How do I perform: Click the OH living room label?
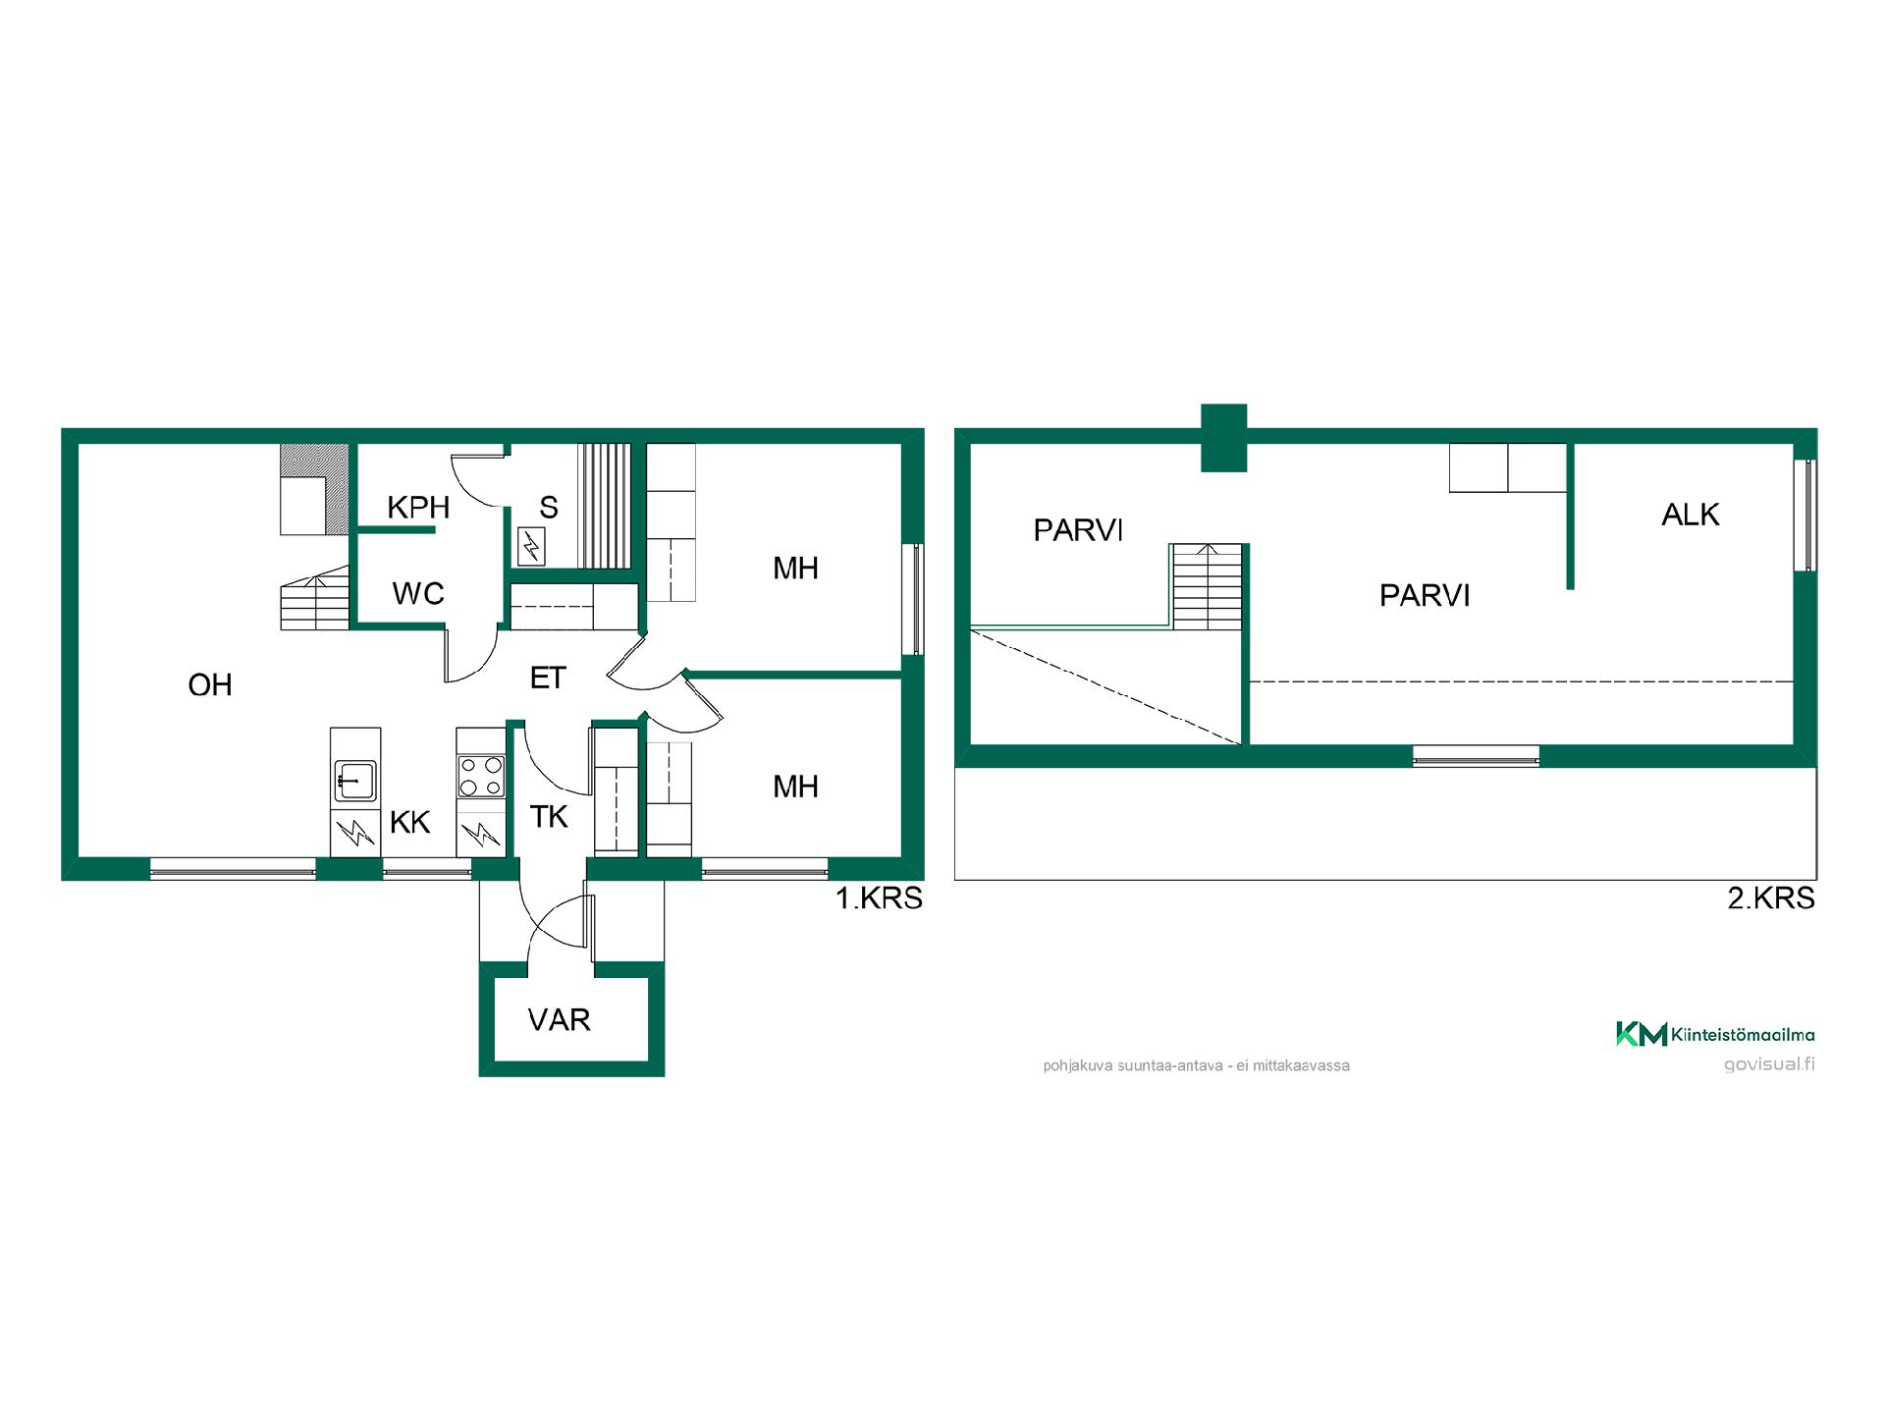pyautogui.click(x=210, y=684)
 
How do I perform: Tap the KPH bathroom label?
pyautogui.click(x=418, y=508)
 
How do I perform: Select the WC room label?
pyautogui.click(x=418, y=593)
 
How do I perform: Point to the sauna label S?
pyautogui.click(x=549, y=508)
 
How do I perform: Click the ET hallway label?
pyautogui.click(x=548, y=678)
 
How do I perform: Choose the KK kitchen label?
pyautogui.click(x=409, y=822)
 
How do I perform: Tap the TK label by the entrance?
pyautogui.click(x=549, y=816)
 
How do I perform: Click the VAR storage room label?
pyautogui.click(x=560, y=1020)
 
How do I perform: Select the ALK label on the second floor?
pyautogui.click(x=1691, y=515)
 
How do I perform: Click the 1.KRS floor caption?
pyautogui.click(x=879, y=898)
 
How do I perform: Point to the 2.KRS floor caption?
pyautogui.click(x=1771, y=898)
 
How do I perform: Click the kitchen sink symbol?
pyautogui.click(x=355, y=782)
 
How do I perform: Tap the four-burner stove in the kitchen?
pyautogui.click(x=481, y=776)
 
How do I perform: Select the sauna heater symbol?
pyautogui.click(x=530, y=546)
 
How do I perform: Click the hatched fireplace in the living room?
pyautogui.click(x=314, y=489)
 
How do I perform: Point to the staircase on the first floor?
pyautogui.click(x=315, y=597)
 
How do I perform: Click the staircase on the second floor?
pyautogui.click(x=1207, y=586)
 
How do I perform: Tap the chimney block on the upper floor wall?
pyautogui.click(x=1224, y=437)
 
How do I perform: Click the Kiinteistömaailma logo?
pyautogui.click(x=1715, y=1034)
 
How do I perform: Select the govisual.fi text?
pyautogui.click(x=1769, y=1064)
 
